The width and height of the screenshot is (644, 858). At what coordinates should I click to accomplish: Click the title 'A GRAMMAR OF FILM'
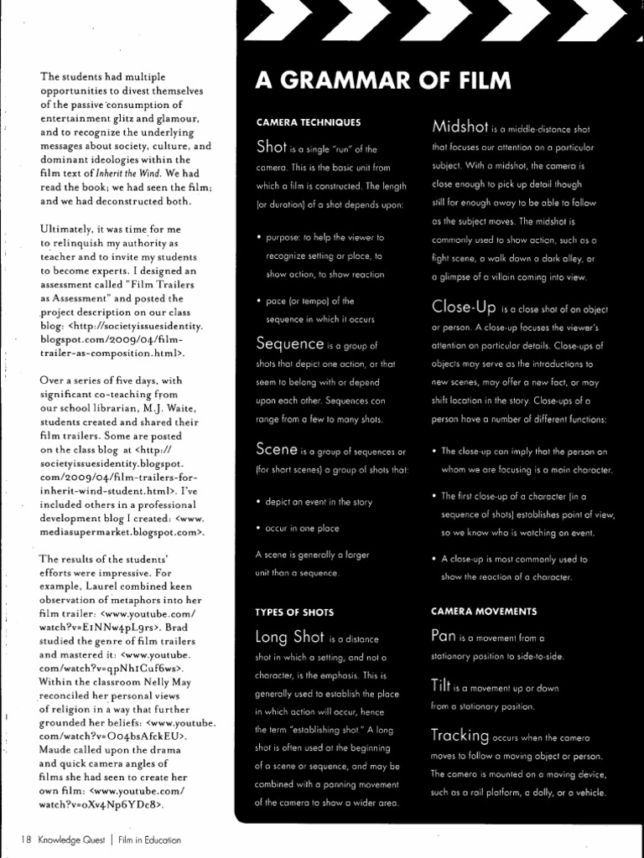[382, 81]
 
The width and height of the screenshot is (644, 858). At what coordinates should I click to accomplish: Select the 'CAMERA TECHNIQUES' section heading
[308, 122]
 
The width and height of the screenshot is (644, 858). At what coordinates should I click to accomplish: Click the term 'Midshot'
[460, 127]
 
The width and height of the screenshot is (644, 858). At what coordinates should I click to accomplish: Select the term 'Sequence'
[290, 343]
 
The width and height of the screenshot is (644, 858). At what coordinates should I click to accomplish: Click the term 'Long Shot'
[290, 638]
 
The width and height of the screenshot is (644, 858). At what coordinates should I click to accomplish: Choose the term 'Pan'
[443, 636]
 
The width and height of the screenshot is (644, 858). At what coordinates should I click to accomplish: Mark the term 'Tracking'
[460, 736]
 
